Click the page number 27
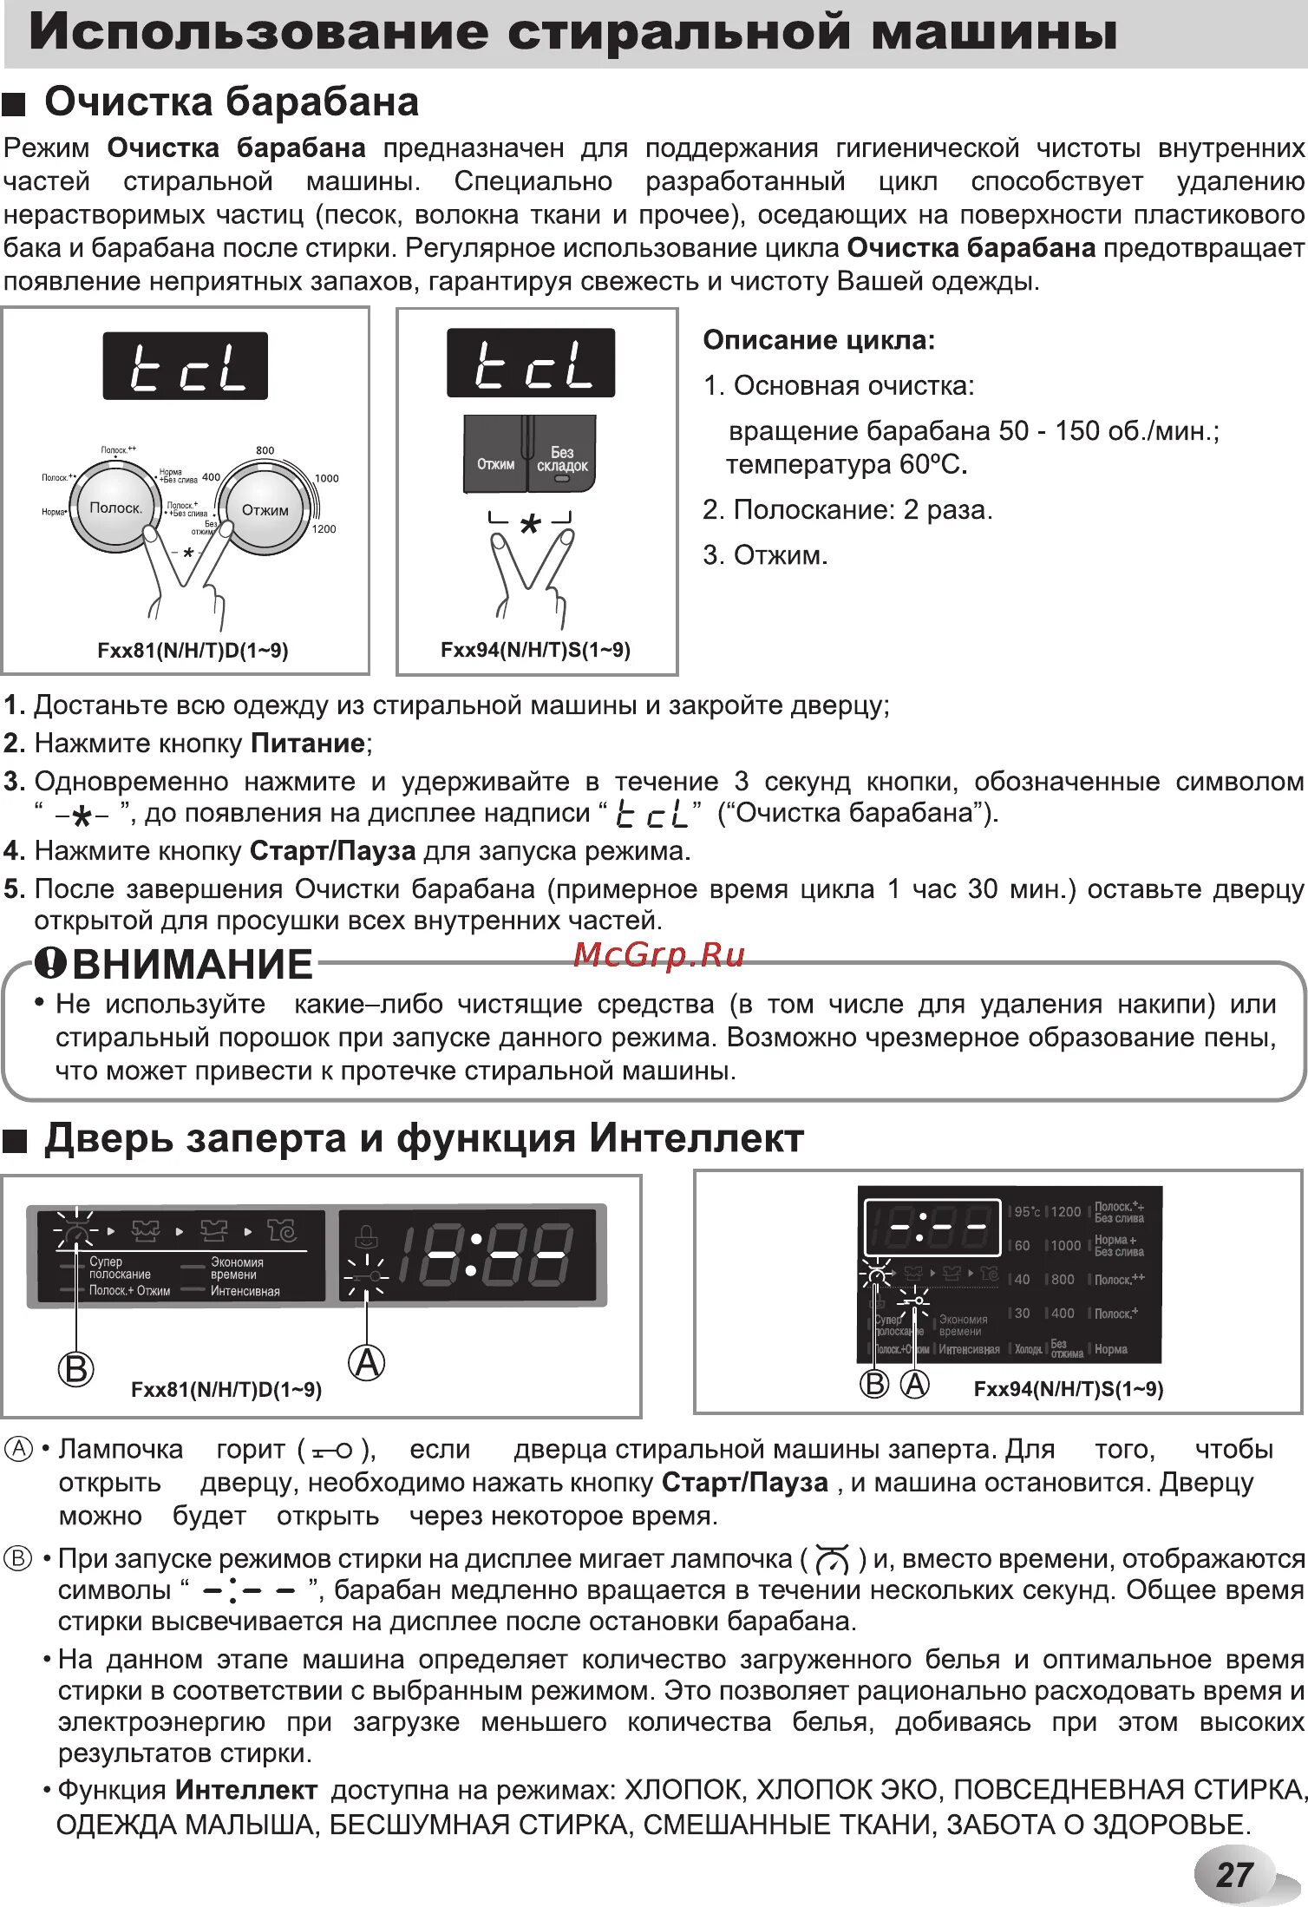tap(1234, 1875)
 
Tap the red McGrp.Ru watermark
tap(659, 954)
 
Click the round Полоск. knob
tap(115, 508)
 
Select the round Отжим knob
tap(265, 510)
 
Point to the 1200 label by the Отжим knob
tap(324, 529)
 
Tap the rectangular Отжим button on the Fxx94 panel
tap(495, 463)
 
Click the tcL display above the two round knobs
tap(185, 366)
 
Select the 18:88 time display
tap(484, 1255)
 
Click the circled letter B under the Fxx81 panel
tap(75, 1368)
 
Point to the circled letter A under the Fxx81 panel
tap(367, 1362)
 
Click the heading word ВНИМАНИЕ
tap(192, 965)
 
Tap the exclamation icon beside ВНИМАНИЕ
tap(50, 961)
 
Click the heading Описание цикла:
tap(819, 340)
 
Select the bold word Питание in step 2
tap(307, 744)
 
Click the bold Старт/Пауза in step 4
tap(332, 851)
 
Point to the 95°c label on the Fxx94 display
tap(1027, 1211)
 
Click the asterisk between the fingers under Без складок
tap(530, 523)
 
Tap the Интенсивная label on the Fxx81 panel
tap(245, 1291)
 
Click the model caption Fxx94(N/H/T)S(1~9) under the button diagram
tap(535, 650)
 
